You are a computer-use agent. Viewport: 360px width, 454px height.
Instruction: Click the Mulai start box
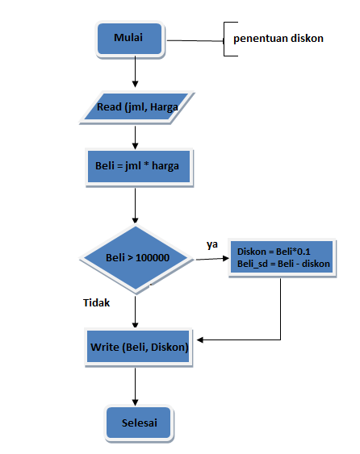pyautogui.click(x=130, y=38)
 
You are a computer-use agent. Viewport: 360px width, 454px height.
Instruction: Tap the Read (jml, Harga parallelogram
pyautogui.click(x=136, y=106)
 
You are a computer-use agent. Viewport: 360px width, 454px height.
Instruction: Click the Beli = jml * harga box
pyautogui.click(x=137, y=168)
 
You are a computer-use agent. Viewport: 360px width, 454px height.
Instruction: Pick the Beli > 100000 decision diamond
pyautogui.click(x=136, y=258)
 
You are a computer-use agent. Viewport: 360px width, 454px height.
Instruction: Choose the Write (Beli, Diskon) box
pyautogui.click(x=138, y=347)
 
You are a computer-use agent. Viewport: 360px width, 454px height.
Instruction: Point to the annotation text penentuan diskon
pyautogui.click(x=278, y=38)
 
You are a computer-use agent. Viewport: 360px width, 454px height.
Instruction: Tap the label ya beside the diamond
pyautogui.click(x=212, y=244)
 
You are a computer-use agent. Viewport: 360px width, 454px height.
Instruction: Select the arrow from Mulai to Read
pyautogui.click(x=135, y=73)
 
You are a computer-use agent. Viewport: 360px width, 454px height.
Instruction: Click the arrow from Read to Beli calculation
pyautogui.click(x=135, y=135)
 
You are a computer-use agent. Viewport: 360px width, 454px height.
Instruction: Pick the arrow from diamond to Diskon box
pyautogui.click(x=210, y=258)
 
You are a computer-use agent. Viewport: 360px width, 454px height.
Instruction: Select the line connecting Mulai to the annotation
pyautogui.click(x=194, y=40)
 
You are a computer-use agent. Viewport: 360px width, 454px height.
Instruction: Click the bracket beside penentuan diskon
pyautogui.click(x=228, y=38)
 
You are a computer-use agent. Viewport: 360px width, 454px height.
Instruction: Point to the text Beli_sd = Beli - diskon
pyautogui.click(x=283, y=264)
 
